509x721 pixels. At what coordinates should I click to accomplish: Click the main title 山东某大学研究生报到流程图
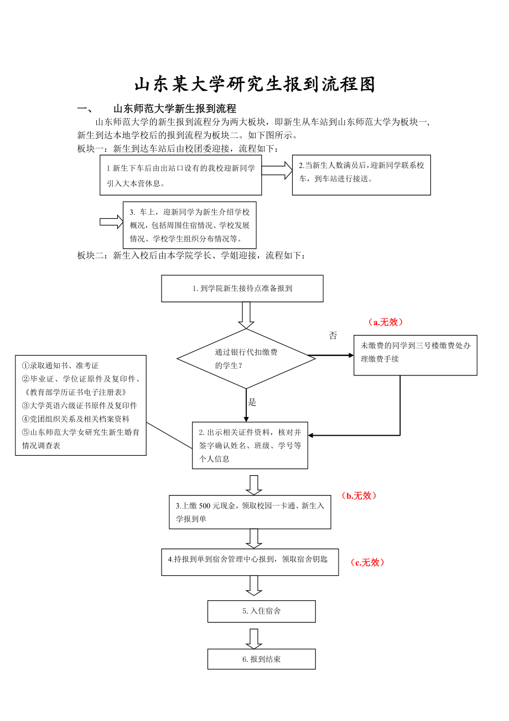pyautogui.click(x=255, y=84)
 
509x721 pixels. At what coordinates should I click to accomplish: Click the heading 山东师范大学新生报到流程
pyautogui.click(x=174, y=109)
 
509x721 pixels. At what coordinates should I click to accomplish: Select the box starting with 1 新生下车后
pyautogui.click(x=180, y=176)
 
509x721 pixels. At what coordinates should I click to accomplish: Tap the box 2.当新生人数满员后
pyautogui.click(x=361, y=175)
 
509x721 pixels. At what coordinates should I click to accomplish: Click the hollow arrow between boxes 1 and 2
pyautogui.click(x=277, y=170)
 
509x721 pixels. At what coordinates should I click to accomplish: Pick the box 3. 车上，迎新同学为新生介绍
pyautogui.click(x=189, y=225)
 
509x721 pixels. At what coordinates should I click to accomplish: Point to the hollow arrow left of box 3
pyautogui.click(x=111, y=222)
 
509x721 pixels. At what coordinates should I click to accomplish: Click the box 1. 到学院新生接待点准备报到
pyautogui.click(x=242, y=289)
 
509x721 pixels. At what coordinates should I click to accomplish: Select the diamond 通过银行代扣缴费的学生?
pyautogui.click(x=246, y=359)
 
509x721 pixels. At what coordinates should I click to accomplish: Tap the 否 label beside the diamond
pyautogui.click(x=333, y=336)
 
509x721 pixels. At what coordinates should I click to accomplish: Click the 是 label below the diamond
pyautogui.click(x=252, y=402)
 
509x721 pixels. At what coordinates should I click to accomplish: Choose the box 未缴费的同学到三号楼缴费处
pyautogui.click(x=415, y=355)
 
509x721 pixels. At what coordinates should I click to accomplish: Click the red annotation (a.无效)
pyautogui.click(x=386, y=322)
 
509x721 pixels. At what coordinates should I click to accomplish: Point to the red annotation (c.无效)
pyautogui.click(x=367, y=562)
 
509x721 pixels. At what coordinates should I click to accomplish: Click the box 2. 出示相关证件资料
pyautogui.click(x=250, y=445)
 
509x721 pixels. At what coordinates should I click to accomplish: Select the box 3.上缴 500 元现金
pyautogui.click(x=250, y=512)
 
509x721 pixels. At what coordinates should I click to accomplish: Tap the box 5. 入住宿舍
pyautogui.click(x=261, y=611)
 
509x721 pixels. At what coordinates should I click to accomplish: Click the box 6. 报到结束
pyautogui.click(x=261, y=659)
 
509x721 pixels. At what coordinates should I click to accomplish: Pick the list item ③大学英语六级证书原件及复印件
pyautogui.click(x=80, y=405)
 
